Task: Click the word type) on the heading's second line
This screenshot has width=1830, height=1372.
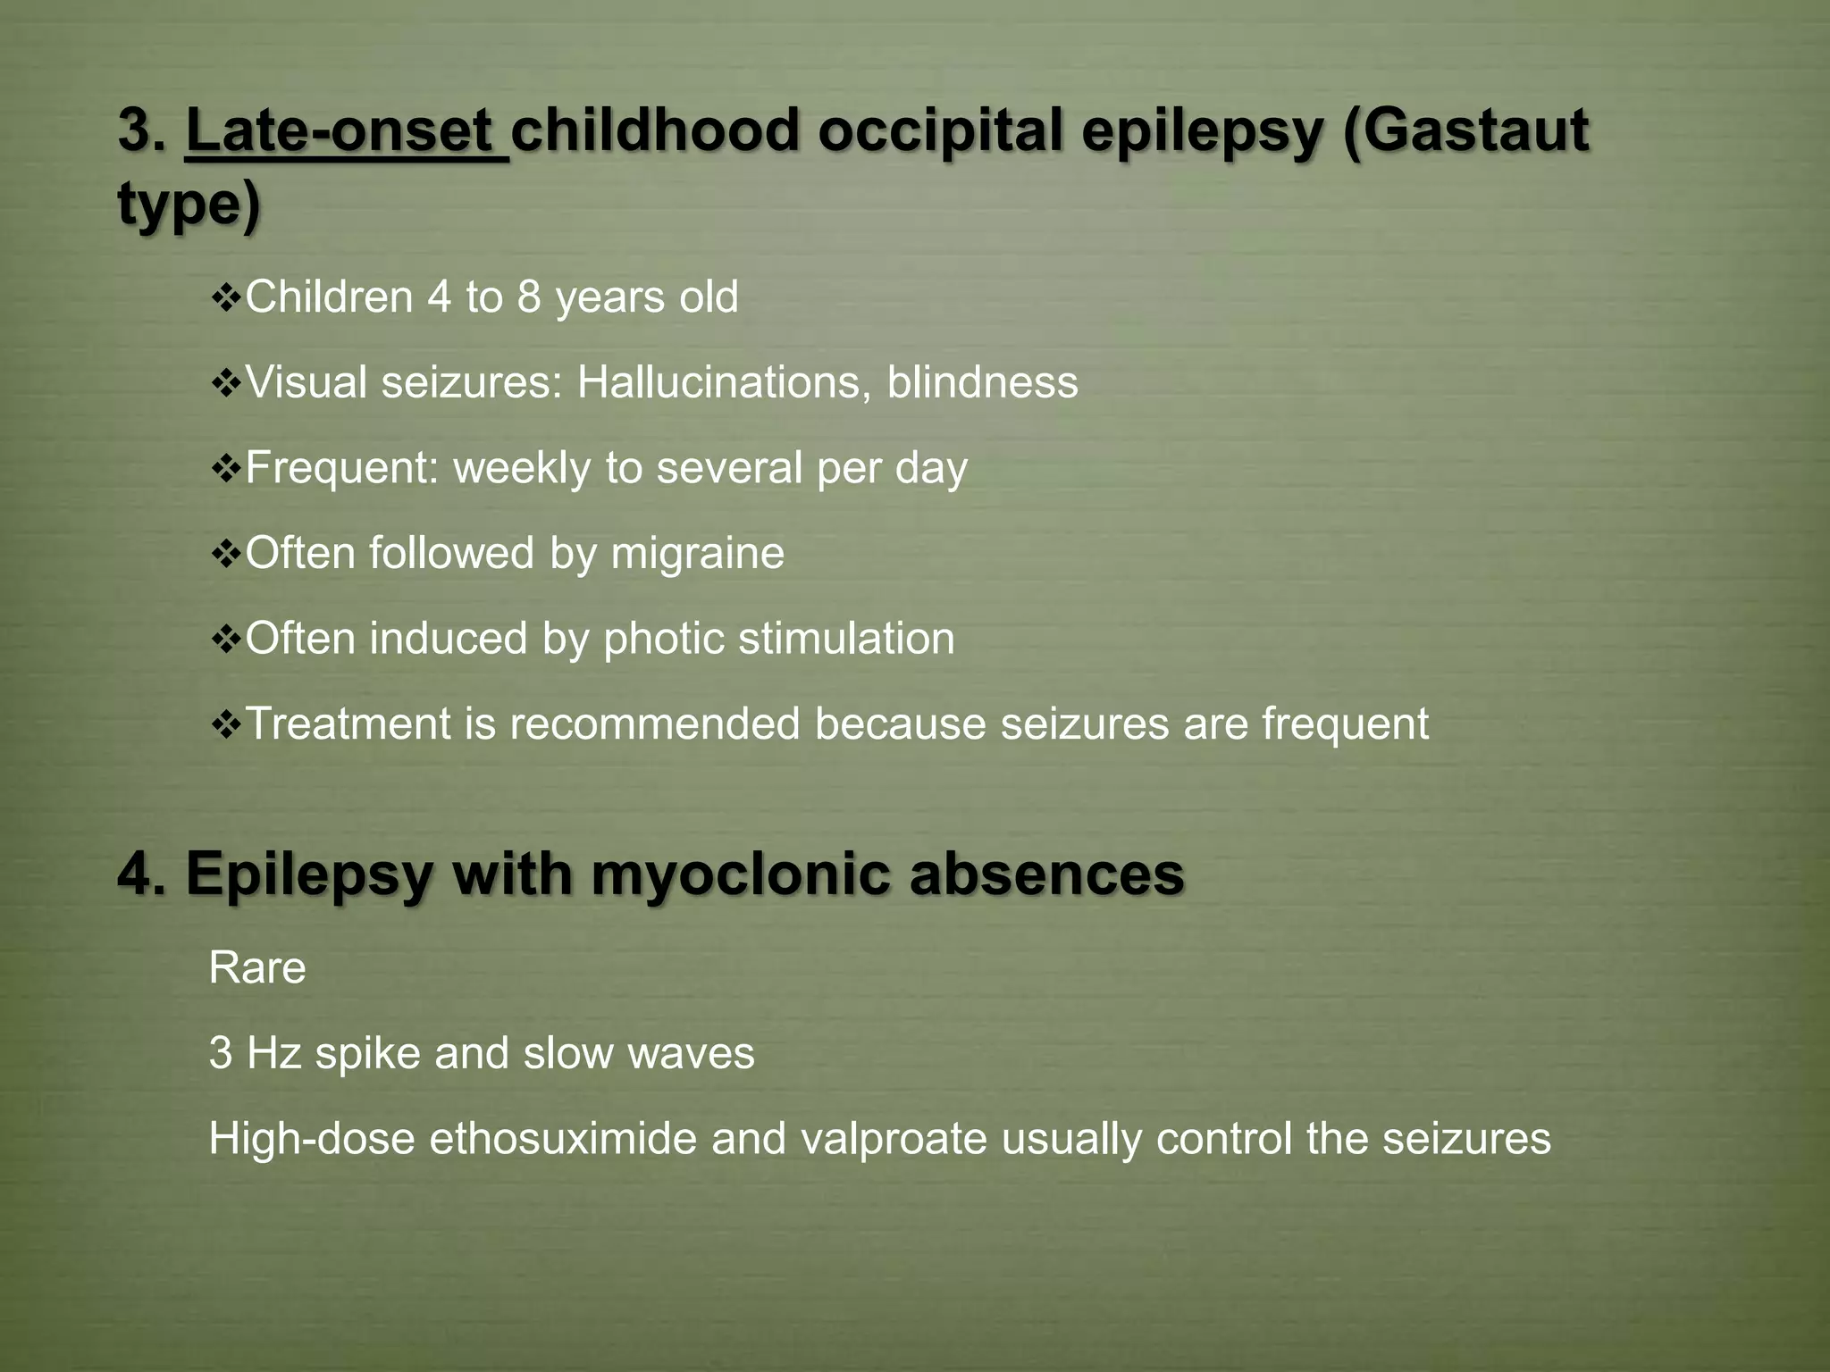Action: point(189,204)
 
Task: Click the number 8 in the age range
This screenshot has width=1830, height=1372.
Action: point(529,297)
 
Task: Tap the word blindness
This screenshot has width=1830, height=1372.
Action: point(982,382)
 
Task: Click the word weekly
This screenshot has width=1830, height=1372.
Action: point(522,468)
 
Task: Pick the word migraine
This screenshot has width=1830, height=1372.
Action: point(697,553)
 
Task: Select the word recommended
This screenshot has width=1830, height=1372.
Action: point(654,724)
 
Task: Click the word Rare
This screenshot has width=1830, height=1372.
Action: point(257,968)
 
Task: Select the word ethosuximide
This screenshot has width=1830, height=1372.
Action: point(563,1139)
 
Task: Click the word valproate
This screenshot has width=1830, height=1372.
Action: point(894,1139)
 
